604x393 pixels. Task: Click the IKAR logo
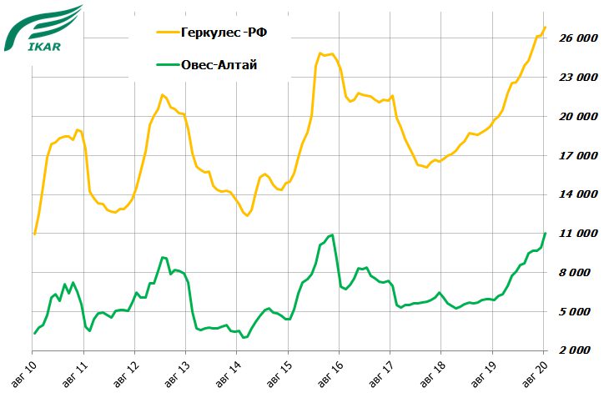tap(43, 28)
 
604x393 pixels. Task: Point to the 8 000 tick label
tap(578, 273)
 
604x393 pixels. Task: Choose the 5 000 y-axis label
tap(578, 312)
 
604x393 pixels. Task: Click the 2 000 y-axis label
tap(578, 351)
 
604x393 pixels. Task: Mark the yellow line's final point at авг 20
tap(545, 28)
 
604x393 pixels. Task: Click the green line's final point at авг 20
tap(545, 234)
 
